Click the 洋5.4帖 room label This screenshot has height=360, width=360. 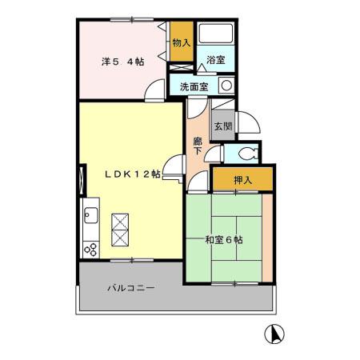point(123,62)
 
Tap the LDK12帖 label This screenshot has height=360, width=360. point(133,174)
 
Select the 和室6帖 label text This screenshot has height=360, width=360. point(224,240)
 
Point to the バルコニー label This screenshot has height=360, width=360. point(131,288)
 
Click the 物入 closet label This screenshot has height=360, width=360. point(182,42)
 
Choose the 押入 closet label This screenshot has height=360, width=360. point(242,180)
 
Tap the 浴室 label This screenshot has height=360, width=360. point(215,60)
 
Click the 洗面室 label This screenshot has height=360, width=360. point(194,86)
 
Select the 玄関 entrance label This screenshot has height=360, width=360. point(223,126)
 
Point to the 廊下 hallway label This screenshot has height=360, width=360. point(198,146)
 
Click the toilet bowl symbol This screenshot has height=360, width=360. point(248,154)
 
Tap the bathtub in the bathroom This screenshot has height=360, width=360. point(216,33)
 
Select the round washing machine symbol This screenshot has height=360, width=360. point(226,86)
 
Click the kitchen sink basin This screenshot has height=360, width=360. point(91,215)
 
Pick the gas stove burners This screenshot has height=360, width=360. point(90,250)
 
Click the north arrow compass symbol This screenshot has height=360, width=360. point(274,334)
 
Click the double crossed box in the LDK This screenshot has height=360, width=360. point(120,230)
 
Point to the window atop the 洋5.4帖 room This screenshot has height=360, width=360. point(132,19)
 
